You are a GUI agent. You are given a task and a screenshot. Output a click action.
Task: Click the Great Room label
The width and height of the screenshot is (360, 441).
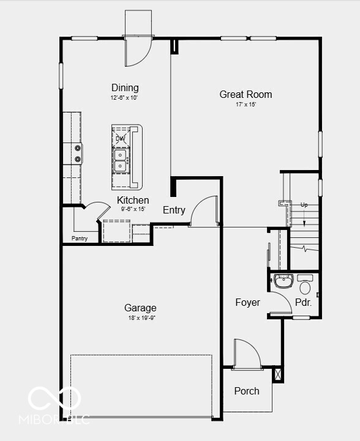coord(246,94)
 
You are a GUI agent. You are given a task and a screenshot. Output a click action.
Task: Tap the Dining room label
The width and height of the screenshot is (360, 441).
coord(125,87)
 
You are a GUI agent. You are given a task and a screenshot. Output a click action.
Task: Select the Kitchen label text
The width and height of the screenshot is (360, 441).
coord(133,200)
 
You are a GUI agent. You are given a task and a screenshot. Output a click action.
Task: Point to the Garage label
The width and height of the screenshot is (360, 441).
coord(140,308)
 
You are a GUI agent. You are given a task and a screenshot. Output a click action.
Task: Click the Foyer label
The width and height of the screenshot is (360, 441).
coord(248,302)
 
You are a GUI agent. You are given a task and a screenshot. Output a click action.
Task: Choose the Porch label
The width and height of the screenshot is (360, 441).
coord(247,391)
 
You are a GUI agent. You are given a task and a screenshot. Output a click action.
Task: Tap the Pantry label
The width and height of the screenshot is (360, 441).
coord(80,239)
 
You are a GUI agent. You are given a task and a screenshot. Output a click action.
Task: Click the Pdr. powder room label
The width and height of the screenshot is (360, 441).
coord(303,302)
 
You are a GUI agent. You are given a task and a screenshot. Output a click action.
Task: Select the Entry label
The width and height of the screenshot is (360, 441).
coord(174,210)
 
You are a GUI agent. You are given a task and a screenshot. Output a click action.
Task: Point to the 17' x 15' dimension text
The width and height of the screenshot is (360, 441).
coord(246,105)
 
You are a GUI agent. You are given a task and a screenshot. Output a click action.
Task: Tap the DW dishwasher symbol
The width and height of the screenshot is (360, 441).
coord(120,138)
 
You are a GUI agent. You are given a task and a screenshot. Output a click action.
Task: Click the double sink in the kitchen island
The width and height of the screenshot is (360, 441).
coord(121,159)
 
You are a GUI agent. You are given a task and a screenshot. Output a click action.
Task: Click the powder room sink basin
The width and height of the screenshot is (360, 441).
coord(283,281)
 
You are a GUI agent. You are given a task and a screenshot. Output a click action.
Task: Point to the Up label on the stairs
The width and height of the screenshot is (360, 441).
coord(304,204)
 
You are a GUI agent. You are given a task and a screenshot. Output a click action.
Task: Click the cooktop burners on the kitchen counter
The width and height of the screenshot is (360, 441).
coord(78,153)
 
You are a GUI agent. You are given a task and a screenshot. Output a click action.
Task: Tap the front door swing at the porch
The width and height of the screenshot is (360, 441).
coord(247,355)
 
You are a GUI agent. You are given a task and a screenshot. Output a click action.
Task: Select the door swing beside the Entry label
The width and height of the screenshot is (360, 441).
coord(204,212)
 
